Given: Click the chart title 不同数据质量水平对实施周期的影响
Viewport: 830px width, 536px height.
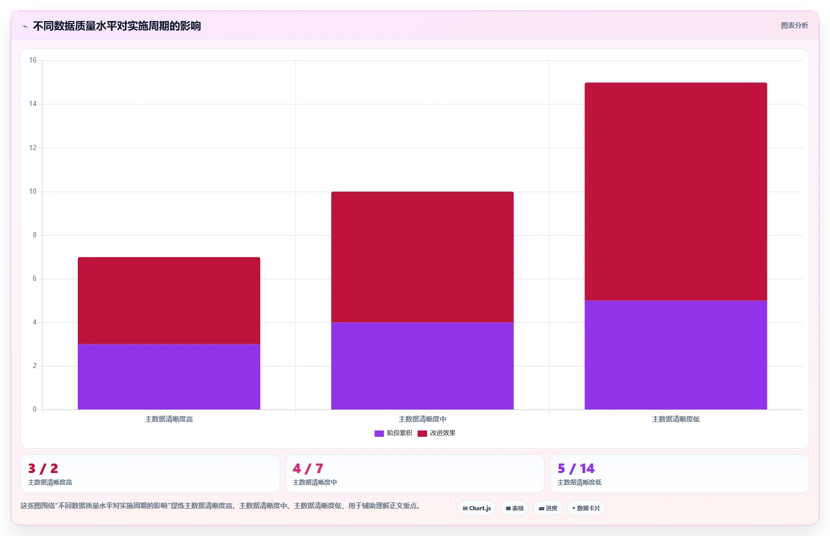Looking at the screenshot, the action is (x=117, y=26).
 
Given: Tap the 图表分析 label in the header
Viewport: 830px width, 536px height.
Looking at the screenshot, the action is (x=794, y=26).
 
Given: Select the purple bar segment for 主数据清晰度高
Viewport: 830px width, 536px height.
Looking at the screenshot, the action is (x=169, y=376).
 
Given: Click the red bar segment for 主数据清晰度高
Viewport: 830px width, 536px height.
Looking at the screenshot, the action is (x=169, y=301).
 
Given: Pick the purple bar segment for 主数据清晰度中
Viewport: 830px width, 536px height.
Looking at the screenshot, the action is (x=423, y=366).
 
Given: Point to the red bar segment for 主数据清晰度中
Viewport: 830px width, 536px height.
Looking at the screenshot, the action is (x=423, y=257).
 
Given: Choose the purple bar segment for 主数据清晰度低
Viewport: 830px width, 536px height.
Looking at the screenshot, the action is (x=676, y=355).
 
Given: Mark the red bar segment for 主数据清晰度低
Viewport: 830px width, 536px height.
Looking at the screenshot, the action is (x=676, y=192).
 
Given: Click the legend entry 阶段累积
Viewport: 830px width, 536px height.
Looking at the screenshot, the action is (x=393, y=433).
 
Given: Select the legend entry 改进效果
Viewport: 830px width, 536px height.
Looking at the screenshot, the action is (x=436, y=433).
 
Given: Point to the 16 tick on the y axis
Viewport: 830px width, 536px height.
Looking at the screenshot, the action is (x=33, y=60).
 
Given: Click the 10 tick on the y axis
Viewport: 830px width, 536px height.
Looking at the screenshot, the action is (x=33, y=192).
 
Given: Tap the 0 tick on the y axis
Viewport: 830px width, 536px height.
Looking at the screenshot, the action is (x=35, y=409).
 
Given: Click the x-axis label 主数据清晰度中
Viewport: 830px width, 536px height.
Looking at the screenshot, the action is (x=423, y=419).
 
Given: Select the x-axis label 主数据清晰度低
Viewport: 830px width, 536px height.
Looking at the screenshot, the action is (x=676, y=419).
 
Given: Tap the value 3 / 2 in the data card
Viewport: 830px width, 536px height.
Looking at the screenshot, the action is (x=43, y=469).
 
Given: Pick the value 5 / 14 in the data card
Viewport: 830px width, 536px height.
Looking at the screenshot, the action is (x=576, y=469).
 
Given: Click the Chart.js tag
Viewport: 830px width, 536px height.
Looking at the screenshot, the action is (x=477, y=508).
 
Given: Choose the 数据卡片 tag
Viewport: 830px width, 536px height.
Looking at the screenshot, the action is (x=586, y=508).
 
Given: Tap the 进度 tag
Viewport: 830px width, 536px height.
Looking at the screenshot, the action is (x=548, y=508).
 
